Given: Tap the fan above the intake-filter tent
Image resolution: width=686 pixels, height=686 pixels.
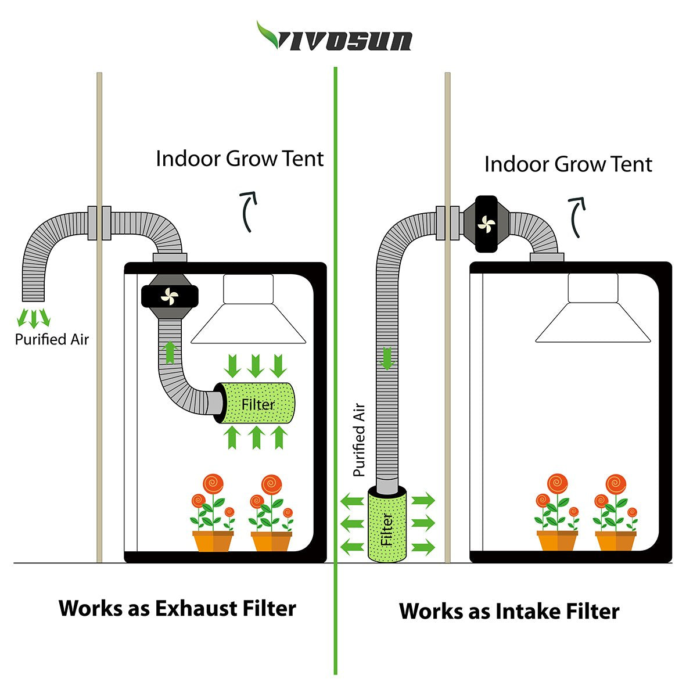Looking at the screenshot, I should click(x=486, y=224).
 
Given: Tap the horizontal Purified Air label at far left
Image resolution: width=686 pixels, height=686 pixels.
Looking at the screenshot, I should click(x=52, y=339).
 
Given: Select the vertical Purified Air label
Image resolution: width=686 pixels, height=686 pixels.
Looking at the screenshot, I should click(x=359, y=440).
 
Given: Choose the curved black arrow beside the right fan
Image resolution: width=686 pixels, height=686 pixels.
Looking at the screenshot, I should click(x=577, y=216).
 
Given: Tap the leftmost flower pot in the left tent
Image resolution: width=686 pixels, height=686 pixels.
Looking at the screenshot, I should click(x=213, y=540).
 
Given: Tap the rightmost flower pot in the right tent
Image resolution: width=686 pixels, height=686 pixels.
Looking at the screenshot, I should click(x=615, y=540).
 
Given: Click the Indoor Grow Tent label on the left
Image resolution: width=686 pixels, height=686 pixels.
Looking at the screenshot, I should click(x=239, y=159).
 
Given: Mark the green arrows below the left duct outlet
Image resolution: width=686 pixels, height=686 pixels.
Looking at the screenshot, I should click(x=33, y=318).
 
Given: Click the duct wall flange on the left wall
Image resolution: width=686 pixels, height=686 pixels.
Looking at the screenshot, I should click(x=99, y=222).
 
